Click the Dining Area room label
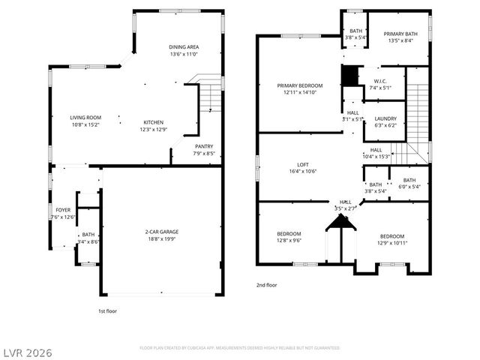(183, 47)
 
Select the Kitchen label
(154, 122)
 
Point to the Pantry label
(204, 146)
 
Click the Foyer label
(63, 210)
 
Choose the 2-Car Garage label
(162, 232)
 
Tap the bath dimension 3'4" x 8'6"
(88, 241)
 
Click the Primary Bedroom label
(299, 86)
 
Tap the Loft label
(301, 164)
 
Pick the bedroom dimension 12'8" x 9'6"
(289, 241)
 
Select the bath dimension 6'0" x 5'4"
(409, 187)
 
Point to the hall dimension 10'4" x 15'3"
(376, 156)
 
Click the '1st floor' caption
(108, 310)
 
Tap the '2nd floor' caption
(266, 285)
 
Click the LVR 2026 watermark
(27, 351)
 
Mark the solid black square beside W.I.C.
(349, 76)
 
